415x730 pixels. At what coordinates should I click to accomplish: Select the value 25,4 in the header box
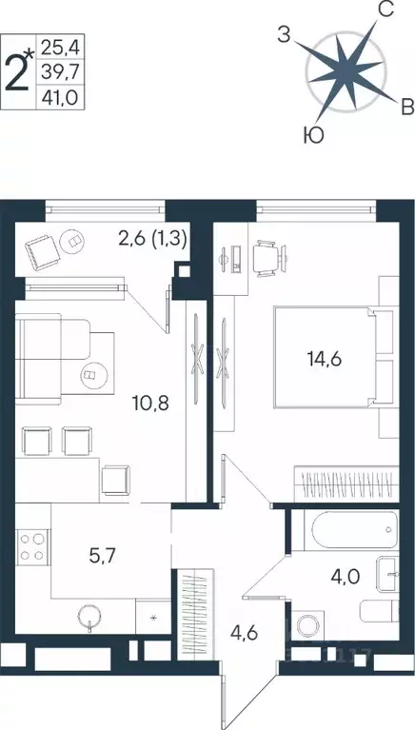(x=61, y=43)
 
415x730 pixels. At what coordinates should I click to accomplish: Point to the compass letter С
(x=385, y=11)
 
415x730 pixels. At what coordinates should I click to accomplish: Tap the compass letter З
(x=283, y=35)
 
